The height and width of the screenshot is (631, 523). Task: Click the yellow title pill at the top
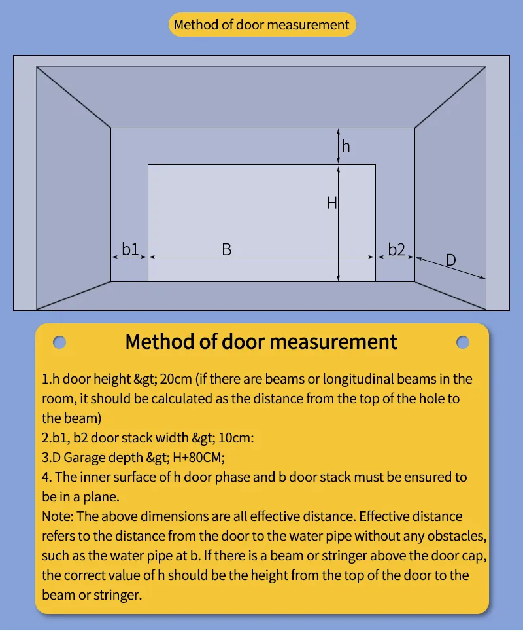click(261, 25)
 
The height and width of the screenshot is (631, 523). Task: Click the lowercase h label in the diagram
click(346, 146)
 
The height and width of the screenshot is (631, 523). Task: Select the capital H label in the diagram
click(331, 204)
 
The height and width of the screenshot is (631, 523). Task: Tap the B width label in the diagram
click(226, 249)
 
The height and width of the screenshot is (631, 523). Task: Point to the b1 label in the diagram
click(130, 249)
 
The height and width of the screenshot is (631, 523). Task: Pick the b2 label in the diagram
click(396, 249)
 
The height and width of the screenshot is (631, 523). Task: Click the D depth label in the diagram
click(450, 260)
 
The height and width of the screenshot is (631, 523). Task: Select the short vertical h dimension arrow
click(338, 146)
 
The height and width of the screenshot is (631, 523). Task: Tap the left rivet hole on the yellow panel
click(59, 342)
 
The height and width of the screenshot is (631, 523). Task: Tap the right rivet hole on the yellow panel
click(463, 342)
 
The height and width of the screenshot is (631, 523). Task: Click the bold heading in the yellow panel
click(261, 342)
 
